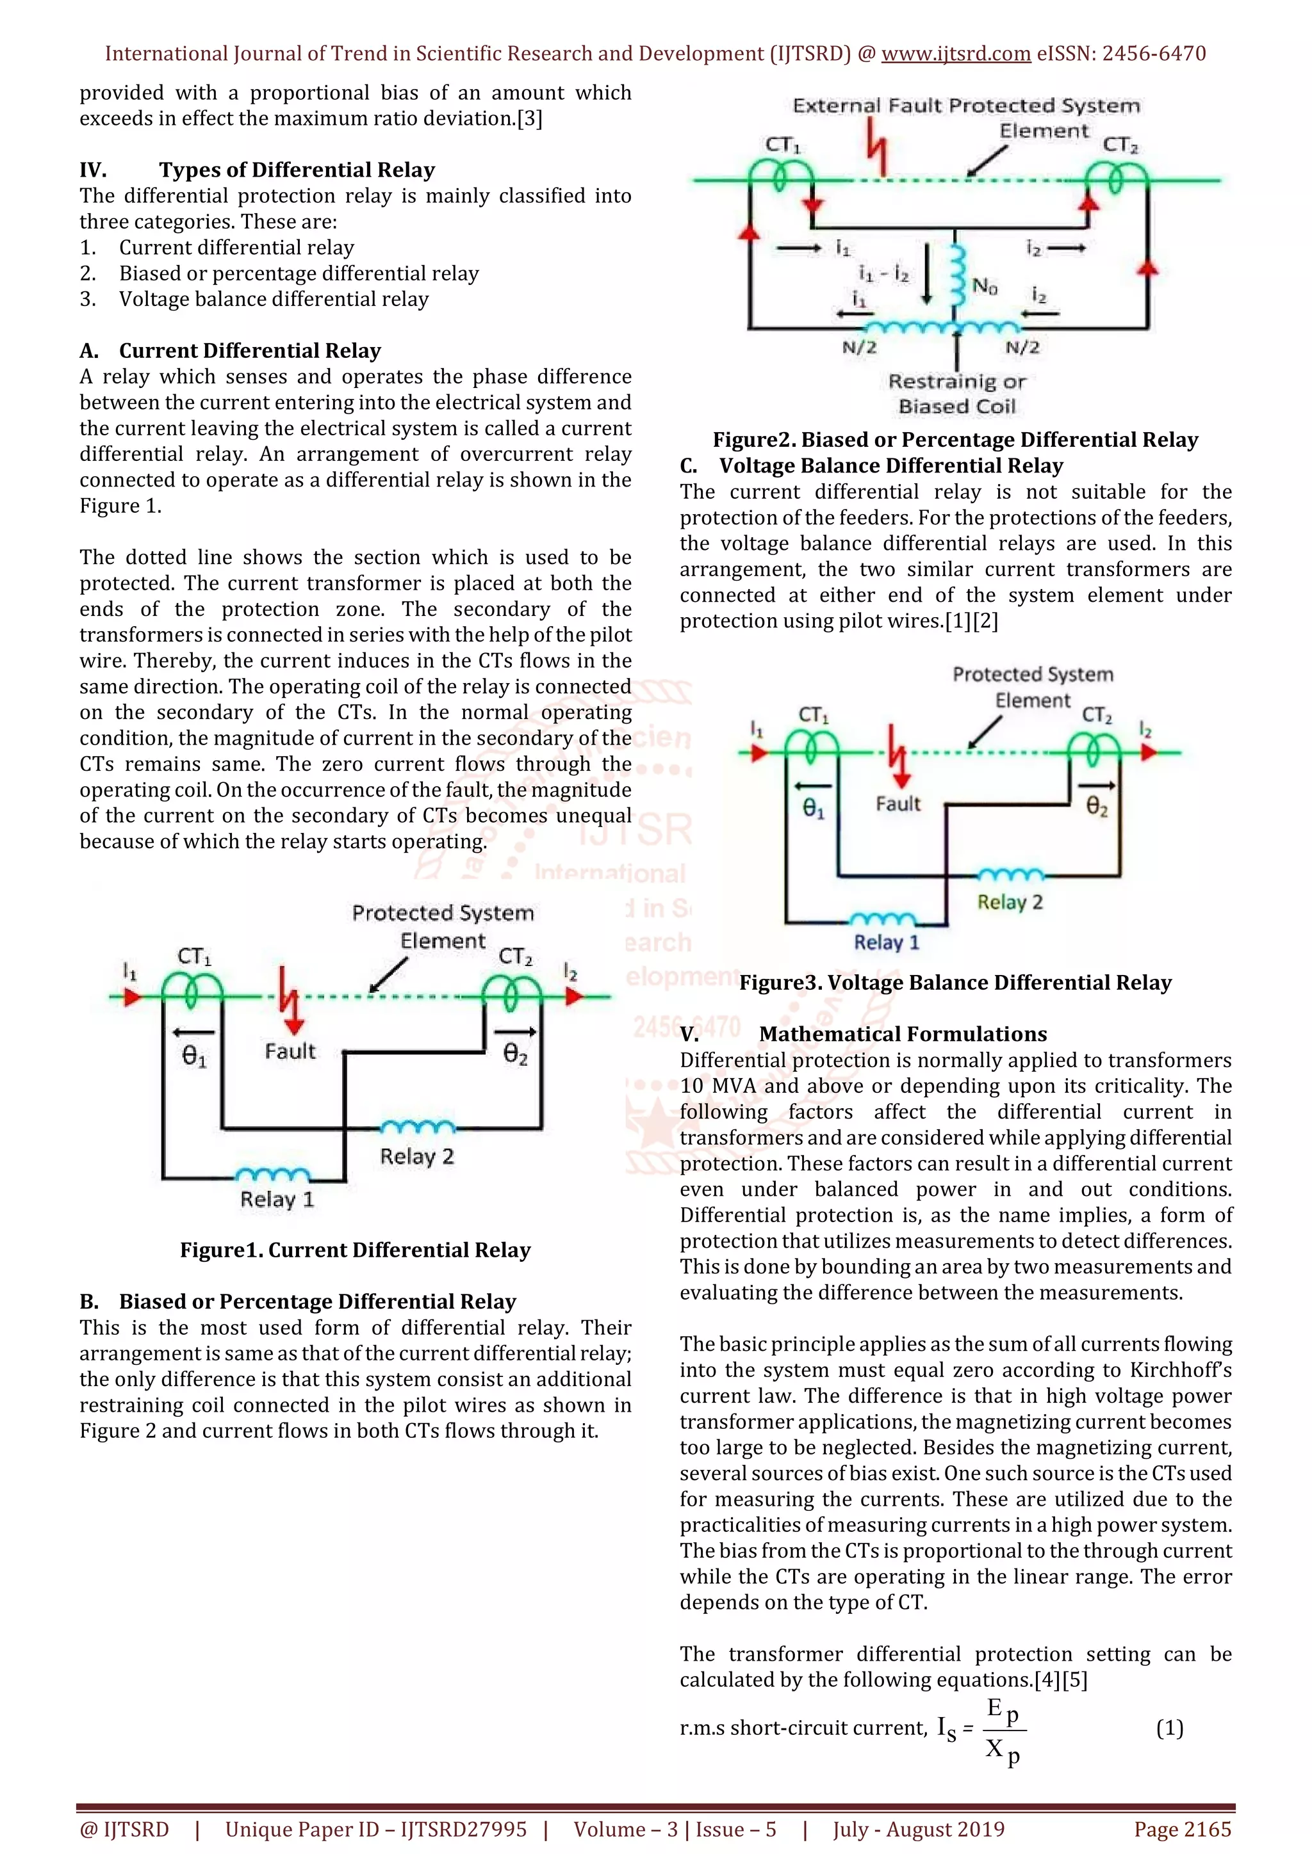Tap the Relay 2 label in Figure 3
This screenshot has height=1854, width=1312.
pyautogui.click(x=1010, y=902)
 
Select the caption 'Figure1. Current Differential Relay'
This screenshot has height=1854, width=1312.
pyautogui.click(x=355, y=1250)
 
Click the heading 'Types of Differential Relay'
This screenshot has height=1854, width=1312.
pyautogui.click(x=297, y=170)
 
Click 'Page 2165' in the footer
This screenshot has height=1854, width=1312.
pyautogui.click(x=1182, y=1829)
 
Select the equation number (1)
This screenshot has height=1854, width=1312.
pyautogui.click(x=1169, y=1728)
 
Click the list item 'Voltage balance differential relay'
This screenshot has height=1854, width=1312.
pyautogui.click(x=274, y=299)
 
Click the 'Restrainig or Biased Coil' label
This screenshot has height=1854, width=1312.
pyautogui.click(x=956, y=393)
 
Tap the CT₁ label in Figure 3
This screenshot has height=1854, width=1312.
pyautogui.click(x=813, y=714)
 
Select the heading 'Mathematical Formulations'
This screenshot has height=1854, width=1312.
pyautogui.click(x=903, y=1035)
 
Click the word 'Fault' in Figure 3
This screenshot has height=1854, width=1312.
pyautogui.click(x=898, y=803)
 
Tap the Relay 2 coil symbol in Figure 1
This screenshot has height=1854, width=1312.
pyautogui.click(x=418, y=1127)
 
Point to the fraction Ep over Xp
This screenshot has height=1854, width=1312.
pyautogui.click(x=1003, y=1730)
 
